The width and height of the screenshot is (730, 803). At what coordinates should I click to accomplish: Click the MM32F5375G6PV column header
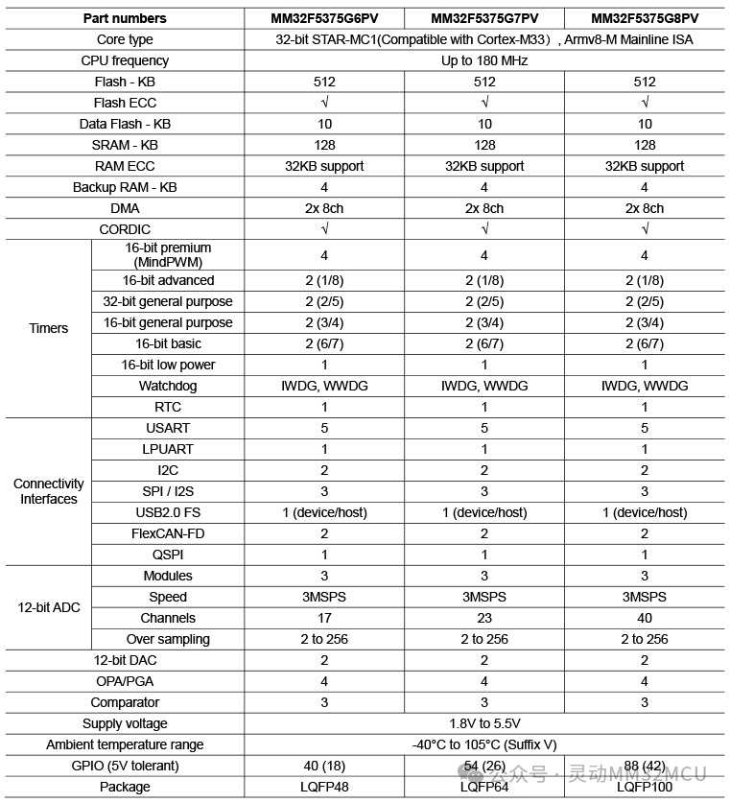[x=324, y=18]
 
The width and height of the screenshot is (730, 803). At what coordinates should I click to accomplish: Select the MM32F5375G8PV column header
[x=645, y=18]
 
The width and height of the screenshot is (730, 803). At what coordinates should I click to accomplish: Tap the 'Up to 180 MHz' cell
[x=484, y=60]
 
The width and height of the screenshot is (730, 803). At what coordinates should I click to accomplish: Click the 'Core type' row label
[x=125, y=39]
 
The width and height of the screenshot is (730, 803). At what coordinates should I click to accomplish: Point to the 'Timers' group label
[x=49, y=328]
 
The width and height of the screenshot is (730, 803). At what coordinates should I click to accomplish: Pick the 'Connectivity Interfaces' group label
[x=49, y=491]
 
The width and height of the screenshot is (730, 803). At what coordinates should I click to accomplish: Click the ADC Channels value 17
[x=324, y=618]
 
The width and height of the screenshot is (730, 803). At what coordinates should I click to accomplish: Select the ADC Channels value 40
[x=645, y=618]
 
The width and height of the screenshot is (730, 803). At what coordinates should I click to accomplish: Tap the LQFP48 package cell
[x=324, y=787]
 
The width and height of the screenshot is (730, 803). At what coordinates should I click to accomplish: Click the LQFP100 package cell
[x=645, y=787]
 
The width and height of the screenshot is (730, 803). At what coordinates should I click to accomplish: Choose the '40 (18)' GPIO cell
[x=324, y=766]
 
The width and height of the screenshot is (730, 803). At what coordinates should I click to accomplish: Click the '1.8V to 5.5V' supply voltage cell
[x=484, y=723]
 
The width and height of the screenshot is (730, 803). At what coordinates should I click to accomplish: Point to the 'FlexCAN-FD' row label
[x=168, y=533]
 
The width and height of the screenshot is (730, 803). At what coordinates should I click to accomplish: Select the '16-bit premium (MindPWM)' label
[x=168, y=254]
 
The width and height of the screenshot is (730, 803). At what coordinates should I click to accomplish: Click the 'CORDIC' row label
[x=125, y=229]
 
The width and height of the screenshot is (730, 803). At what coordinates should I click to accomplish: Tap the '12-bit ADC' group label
[x=49, y=607]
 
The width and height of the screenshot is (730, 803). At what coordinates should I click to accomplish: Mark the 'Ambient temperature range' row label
[x=125, y=744]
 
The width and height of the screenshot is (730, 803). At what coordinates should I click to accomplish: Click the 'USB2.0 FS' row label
[x=168, y=512]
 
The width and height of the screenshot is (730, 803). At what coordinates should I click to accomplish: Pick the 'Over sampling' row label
[x=168, y=639]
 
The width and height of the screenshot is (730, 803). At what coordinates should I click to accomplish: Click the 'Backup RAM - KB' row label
[x=125, y=187]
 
